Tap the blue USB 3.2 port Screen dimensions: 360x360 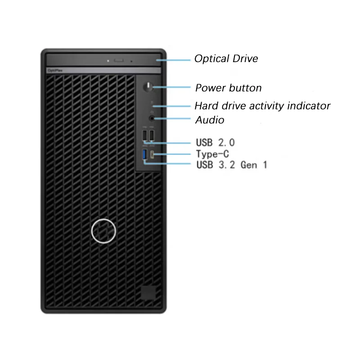click(144, 155)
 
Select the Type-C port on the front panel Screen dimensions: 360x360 click(153, 155)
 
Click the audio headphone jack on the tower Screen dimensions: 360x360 click(152, 119)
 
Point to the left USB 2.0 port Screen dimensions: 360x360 click(144, 135)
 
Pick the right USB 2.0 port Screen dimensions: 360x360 click(152, 135)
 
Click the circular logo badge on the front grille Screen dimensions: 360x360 click(103, 230)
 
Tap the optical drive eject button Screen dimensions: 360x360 click(119, 59)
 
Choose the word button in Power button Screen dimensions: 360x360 click(245, 88)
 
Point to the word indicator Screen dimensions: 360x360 click(310, 106)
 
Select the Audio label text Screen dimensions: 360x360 click(210, 120)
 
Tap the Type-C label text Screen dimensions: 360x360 click(212, 154)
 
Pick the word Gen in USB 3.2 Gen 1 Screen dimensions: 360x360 click(249, 165)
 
